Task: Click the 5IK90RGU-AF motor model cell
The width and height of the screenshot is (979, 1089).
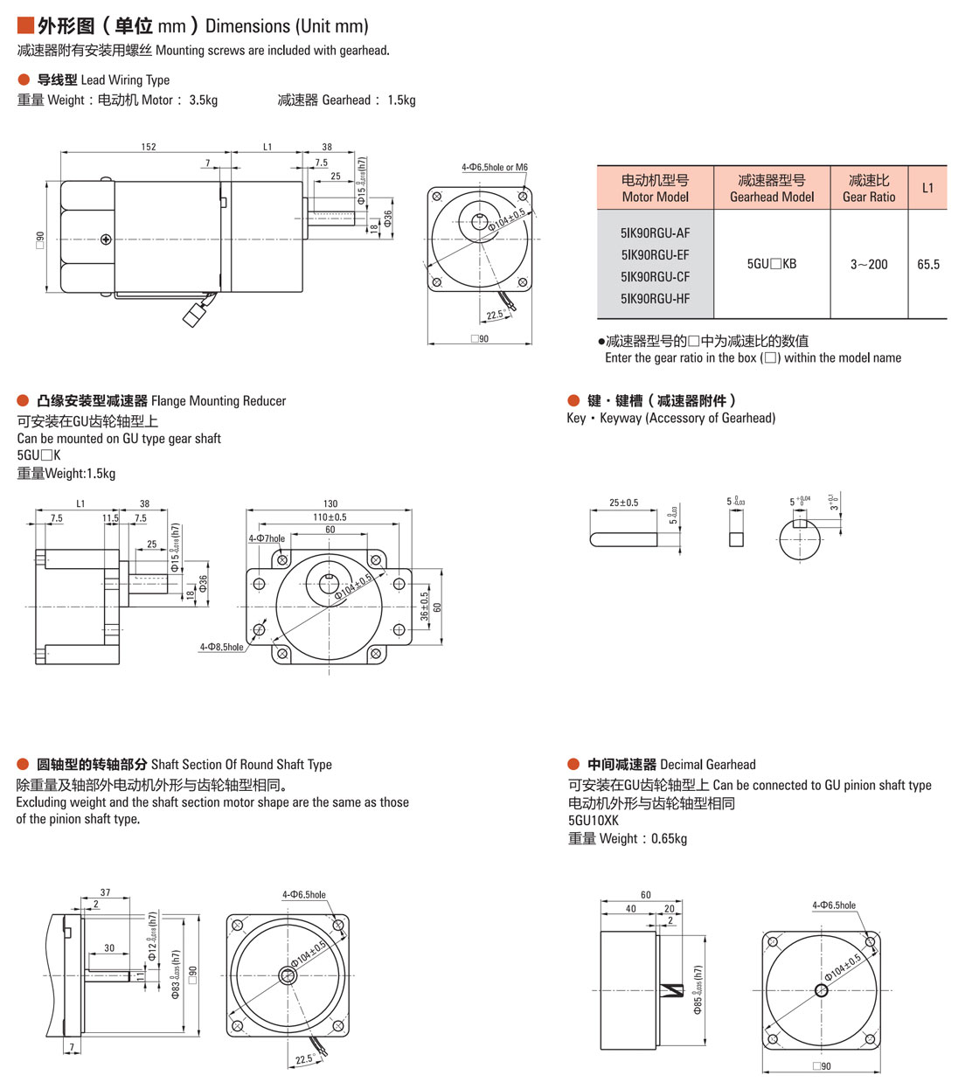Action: pos(655,233)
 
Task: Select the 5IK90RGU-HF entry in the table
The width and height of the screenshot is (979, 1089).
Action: pos(655,299)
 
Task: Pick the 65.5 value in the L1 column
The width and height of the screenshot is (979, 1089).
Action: pos(928,264)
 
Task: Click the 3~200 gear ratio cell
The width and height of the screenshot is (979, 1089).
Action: pos(869,264)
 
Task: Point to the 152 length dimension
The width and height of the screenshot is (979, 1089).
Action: pos(149,147)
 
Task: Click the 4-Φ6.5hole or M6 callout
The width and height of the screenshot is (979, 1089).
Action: pos(495,167)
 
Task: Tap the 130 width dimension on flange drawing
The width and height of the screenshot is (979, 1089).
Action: pos(330,503)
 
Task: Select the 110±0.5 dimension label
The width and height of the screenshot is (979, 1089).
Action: pos(330,517)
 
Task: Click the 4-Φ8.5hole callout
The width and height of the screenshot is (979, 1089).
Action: pos(221,648)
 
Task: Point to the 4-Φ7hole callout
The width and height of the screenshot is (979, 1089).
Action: pos(267,538)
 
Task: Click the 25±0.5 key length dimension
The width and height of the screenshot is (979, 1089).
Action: pos(623,503)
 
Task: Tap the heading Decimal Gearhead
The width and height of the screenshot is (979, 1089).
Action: pos(708,765)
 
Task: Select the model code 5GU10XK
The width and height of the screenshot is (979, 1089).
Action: pos(594,821)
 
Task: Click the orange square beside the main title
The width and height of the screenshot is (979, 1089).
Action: pos(25,25)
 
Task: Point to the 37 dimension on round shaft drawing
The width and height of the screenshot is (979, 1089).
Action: pos(105,892)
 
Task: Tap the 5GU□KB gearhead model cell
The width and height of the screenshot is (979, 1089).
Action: pos(772,264)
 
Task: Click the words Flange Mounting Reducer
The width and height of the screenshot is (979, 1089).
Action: pos(219,401)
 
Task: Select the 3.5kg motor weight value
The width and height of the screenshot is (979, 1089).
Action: pos(204,101)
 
